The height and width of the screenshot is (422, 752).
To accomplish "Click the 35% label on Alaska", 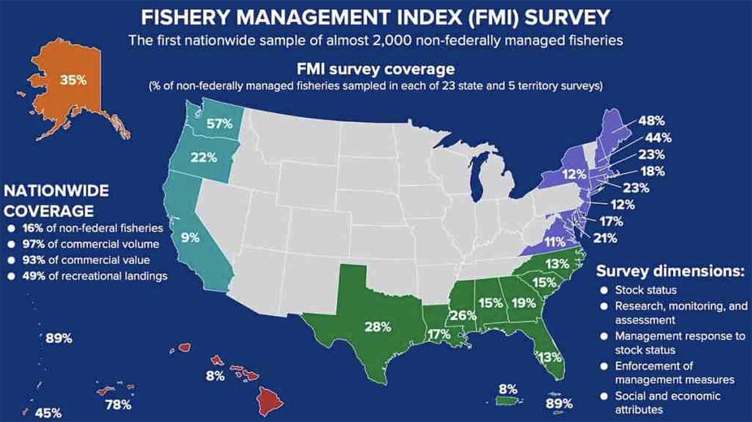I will pos(73,80).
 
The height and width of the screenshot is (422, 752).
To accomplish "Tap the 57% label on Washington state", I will pos(220,123).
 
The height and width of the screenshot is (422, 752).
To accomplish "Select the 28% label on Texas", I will pos(378,327).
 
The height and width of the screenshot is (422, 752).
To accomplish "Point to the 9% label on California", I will pos(191,237).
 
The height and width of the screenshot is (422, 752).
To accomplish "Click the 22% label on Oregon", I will pos(204,158).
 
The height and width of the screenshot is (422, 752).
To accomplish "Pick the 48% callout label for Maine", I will pos(651,121).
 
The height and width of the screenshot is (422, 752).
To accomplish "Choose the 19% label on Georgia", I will pos(524,303).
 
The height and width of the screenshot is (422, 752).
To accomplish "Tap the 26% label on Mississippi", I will pos(462,315).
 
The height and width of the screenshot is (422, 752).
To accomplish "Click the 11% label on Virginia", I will pos(555,242).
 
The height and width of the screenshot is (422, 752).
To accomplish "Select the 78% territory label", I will pos(118,405).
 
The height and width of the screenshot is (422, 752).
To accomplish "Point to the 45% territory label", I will pos(48,413).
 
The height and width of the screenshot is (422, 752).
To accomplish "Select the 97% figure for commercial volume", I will pos(34,244).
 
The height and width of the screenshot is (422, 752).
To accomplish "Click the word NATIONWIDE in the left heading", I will pos(56,191).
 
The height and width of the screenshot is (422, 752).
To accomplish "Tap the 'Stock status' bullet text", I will pos(646,290).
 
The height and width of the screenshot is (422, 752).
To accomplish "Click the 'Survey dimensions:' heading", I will pos(670,271).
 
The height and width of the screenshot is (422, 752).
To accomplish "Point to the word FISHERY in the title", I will pos(185,18).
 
